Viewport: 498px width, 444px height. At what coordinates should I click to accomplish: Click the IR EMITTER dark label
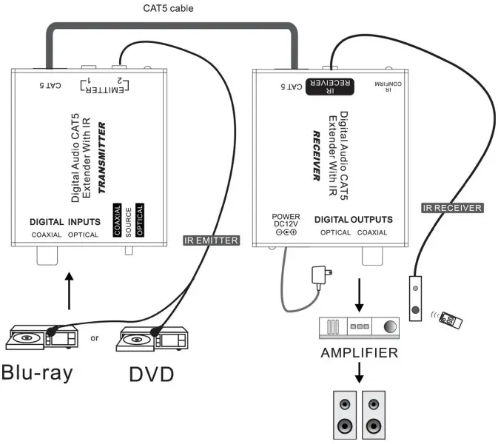(x=210, y=239)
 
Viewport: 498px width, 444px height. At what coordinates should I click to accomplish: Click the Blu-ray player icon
(x=41, y=337)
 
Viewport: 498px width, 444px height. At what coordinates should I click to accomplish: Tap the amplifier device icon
(x=359, y=326)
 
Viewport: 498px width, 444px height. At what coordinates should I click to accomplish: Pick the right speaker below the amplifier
(x=373, y=417)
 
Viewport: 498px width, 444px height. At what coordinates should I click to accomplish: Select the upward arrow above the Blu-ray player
(x=71, y=292)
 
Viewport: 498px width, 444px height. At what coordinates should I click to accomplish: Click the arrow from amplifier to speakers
(x=360, y=371)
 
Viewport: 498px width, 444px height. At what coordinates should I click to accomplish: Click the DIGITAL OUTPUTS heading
(x=354, y=220)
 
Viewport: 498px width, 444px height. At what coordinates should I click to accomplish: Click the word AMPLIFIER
(x=359, y=353)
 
